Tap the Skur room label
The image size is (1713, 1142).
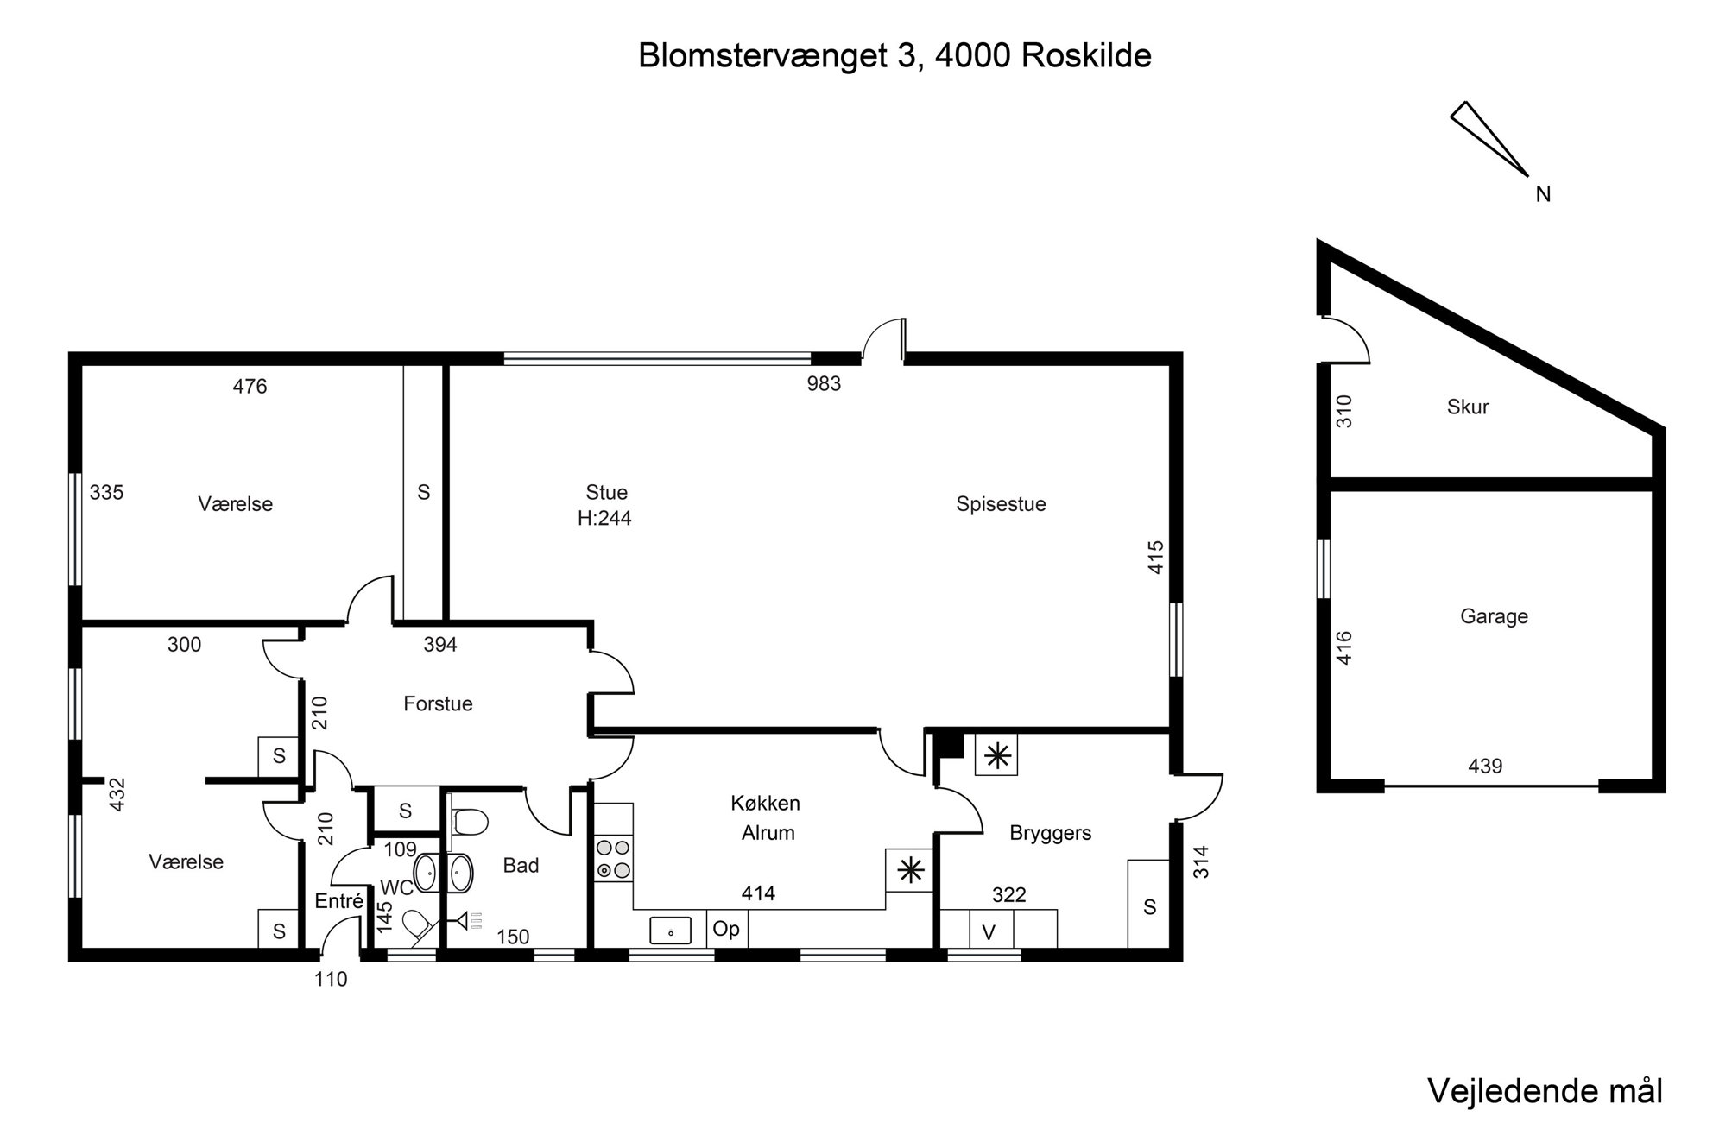coord(1468,407)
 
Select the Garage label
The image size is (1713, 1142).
coord(1494,616)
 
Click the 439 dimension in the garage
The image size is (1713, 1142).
coord(1485,766)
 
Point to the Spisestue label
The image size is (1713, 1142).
coord(1001,504)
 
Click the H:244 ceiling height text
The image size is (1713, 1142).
coord(604,519)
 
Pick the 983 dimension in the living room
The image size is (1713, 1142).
coord(824,384)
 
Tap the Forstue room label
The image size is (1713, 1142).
coord(438,704)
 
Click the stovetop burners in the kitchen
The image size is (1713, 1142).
coord(613,860)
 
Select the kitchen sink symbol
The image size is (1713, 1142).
coord(670,931)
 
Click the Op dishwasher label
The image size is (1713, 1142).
coord(726,930)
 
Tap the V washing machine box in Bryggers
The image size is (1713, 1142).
coord(989,932)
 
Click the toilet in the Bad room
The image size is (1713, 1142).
coord(470,822)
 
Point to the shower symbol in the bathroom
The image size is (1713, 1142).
coord(470,921)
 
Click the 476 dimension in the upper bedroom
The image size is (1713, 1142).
coord(250,387)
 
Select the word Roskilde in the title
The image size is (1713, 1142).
coord(1085,56)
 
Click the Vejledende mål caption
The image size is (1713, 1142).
coord(1545,1091)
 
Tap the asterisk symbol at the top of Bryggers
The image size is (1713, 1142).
coord(997,757)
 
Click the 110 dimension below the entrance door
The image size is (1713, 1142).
coord(331,980)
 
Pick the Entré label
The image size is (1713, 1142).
coord(338,902)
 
